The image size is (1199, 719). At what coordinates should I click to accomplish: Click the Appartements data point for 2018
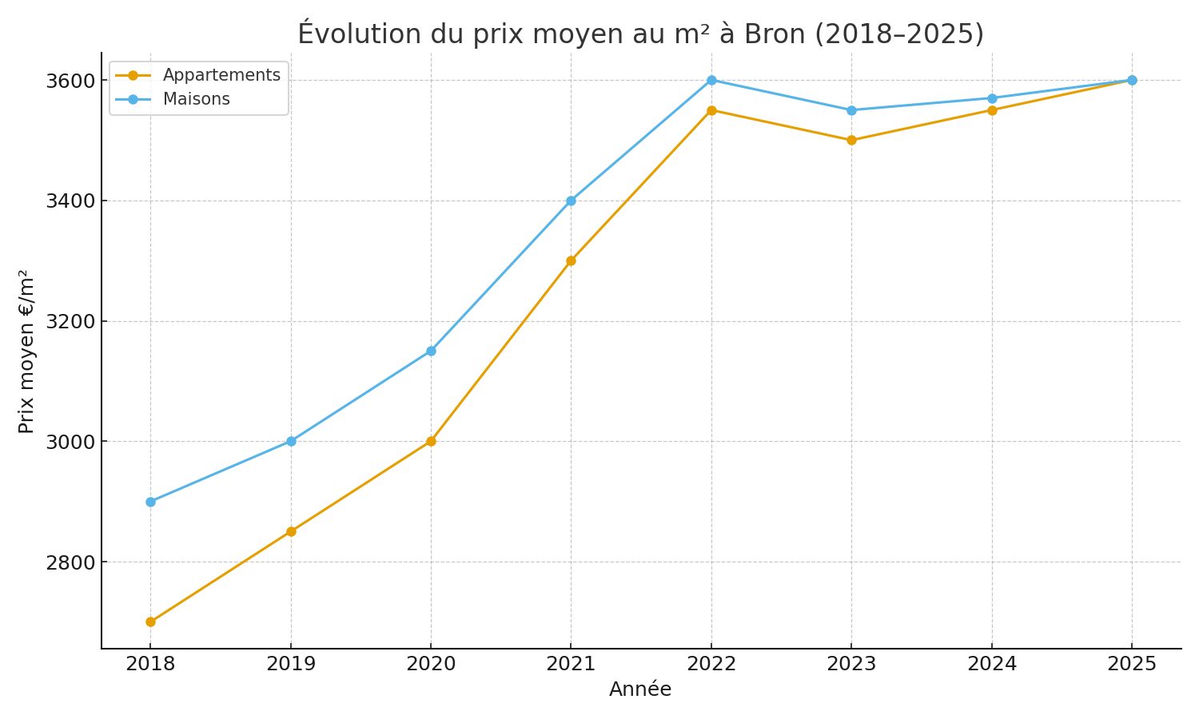pos(150,622)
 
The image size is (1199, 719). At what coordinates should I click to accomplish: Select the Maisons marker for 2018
pos(150,502)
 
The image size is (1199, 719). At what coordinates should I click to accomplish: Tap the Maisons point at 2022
pos(711,80)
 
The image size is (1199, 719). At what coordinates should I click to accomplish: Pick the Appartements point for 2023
pos(851,140)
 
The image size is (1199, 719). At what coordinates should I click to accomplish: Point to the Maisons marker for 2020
pos(431,351)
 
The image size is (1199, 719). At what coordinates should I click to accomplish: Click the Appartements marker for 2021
pos(571,260)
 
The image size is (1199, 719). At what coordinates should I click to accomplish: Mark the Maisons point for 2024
pos(992,98)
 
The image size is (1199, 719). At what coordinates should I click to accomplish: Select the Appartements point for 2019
pos(291,531)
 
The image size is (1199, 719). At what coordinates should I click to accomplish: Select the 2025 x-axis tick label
pos(1132,664)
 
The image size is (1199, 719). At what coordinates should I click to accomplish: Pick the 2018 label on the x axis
pos(150,664)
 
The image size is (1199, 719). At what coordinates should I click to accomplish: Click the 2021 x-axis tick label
pos(571,664)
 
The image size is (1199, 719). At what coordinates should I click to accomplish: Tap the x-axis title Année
pos(640,689)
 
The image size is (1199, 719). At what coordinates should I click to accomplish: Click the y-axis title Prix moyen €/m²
pos(26,352)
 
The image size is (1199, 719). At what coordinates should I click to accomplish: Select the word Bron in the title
pos(775,34)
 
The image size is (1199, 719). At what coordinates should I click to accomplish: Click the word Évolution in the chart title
pos(360,34)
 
